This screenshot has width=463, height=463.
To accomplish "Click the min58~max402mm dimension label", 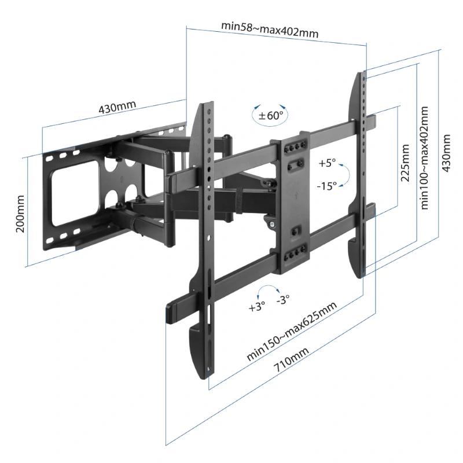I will (x=270, y=29).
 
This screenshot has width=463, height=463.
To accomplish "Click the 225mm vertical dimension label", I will (x=406, y=163).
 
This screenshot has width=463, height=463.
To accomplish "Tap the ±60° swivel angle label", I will (x=271, y=116).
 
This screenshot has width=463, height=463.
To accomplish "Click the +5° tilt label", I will (x=327, y=164).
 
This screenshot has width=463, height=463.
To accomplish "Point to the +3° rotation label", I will (x=256, y=307).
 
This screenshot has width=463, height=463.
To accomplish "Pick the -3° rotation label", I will (x=284, y=300).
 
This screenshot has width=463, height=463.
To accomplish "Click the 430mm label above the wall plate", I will (x=117, y=108).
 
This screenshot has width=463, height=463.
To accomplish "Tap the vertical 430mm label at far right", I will (x=446, y=153).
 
